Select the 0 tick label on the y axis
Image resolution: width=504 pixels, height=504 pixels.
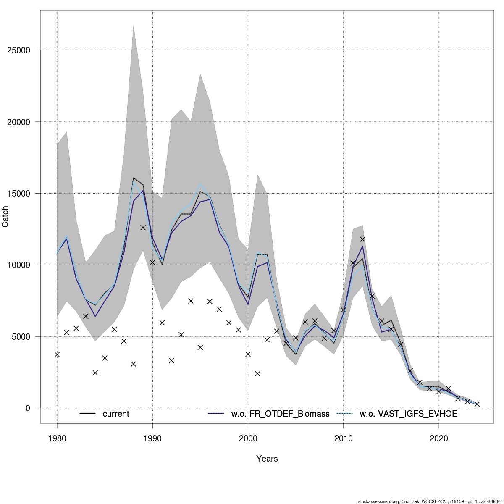28,408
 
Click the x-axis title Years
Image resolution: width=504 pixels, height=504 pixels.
267,459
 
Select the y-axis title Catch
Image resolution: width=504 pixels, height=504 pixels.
5,217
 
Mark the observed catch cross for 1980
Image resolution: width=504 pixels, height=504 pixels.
57,354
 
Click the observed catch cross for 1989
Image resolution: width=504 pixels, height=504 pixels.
143,228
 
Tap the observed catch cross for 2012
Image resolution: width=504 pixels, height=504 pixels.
362,239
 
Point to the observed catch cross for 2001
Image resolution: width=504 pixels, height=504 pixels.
257,374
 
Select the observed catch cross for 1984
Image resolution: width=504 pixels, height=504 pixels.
95,373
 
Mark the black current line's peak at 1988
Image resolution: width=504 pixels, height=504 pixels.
133,178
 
